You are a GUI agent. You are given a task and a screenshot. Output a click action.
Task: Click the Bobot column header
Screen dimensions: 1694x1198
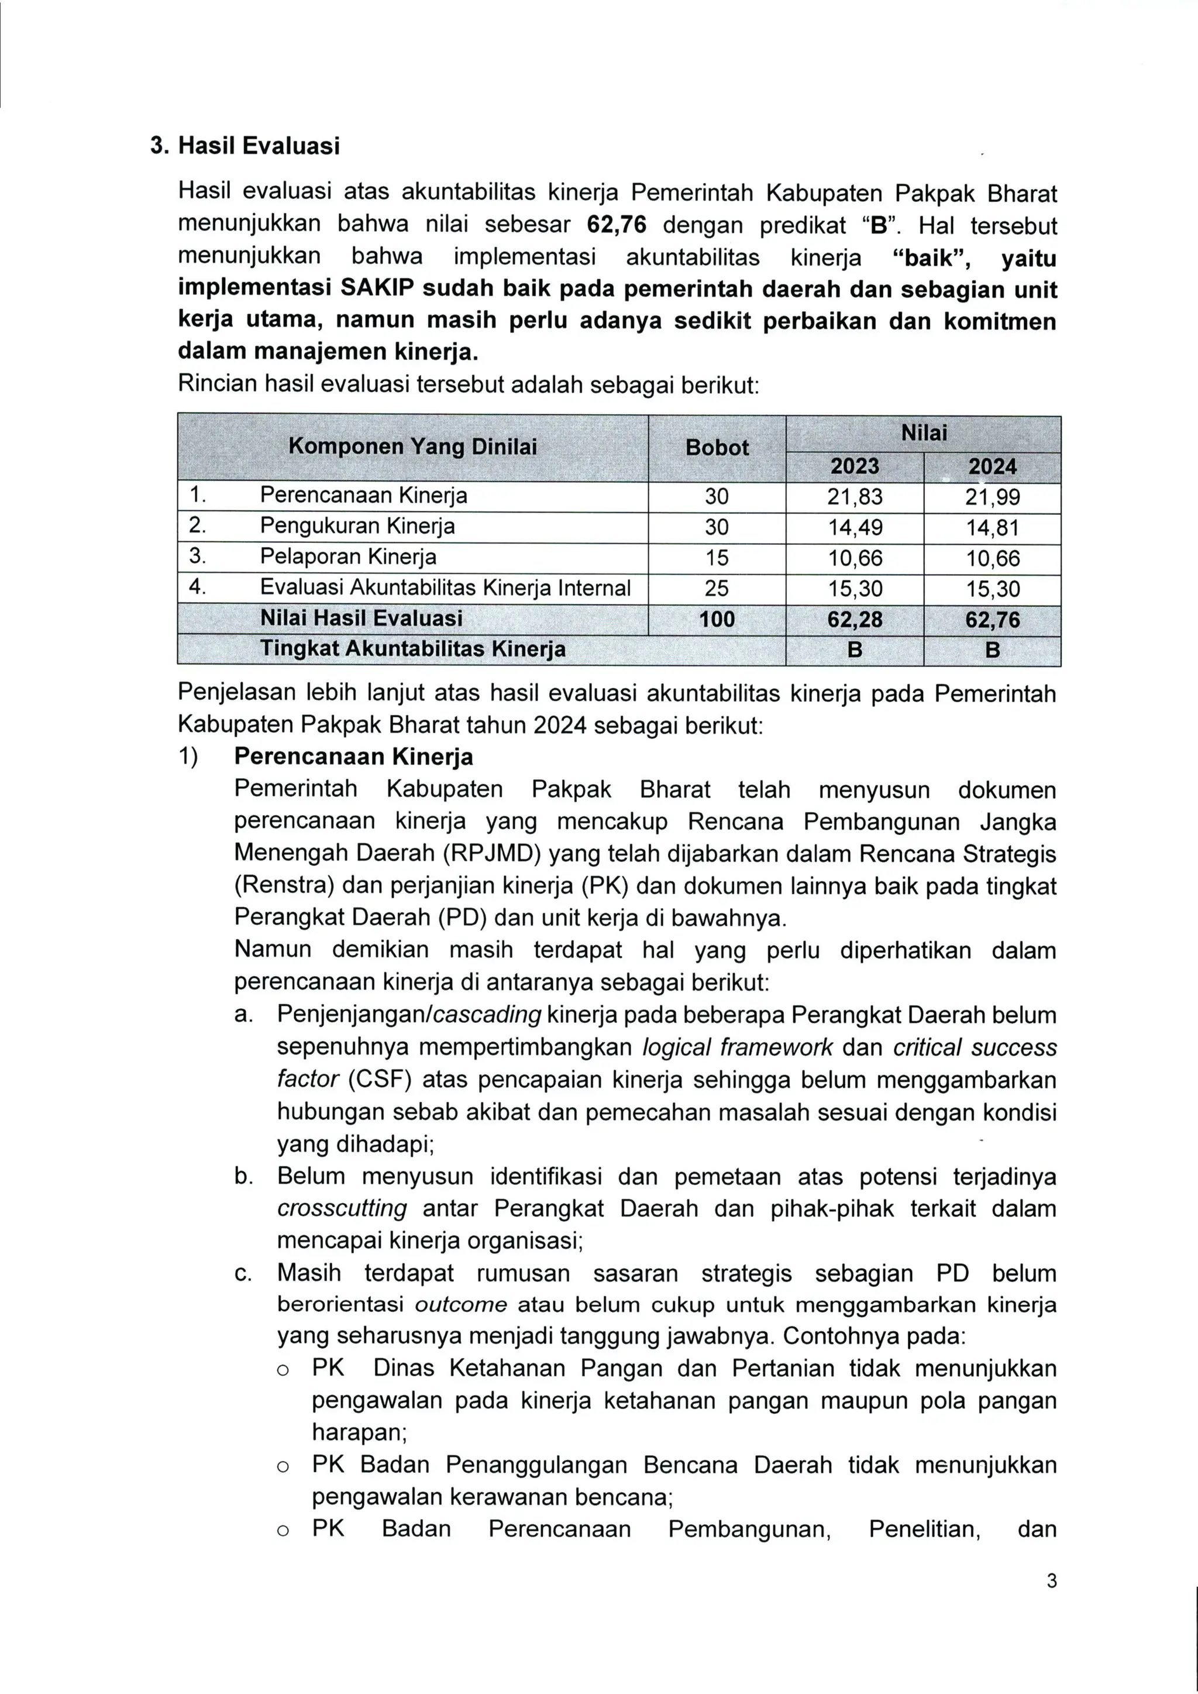717,448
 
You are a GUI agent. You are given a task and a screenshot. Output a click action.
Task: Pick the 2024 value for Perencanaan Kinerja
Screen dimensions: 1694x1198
992,497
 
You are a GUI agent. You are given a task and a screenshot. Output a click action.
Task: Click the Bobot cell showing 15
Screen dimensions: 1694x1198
717,558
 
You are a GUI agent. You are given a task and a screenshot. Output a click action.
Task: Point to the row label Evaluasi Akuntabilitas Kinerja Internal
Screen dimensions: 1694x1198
445,588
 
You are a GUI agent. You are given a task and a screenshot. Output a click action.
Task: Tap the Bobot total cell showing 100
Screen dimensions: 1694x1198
717,620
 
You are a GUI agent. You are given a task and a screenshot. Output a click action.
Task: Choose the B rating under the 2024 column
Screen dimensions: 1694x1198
992,651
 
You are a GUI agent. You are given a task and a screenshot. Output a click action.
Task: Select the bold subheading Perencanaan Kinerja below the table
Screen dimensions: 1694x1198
353,757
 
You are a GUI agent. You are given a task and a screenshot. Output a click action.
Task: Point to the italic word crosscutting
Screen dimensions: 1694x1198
342,1208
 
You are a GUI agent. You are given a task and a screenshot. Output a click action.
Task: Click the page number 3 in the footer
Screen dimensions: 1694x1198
1051,1602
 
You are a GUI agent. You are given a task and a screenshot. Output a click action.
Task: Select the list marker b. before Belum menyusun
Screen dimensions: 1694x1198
243,1176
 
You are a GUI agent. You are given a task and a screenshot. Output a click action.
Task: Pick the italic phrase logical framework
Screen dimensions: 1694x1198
738,1047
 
